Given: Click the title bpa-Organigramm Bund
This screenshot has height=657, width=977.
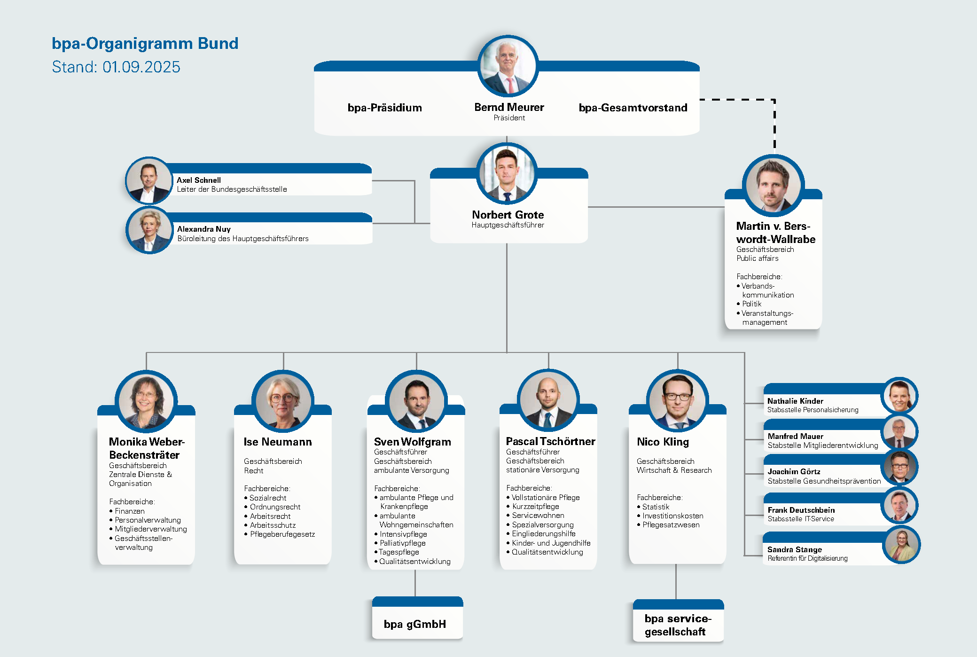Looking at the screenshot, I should pyautogui.click(x=145, y=43).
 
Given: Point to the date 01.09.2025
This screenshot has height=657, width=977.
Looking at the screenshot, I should pyautogui.click(x=141, y=67).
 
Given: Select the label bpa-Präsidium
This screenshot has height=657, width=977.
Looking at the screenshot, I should pyautogui.click(x=384, y=108).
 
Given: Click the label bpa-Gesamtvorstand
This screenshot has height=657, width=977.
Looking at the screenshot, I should pyautogui.click(x=633, y=108).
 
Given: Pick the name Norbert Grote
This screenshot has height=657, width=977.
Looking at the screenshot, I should pyautogui.click(x=508, y=215).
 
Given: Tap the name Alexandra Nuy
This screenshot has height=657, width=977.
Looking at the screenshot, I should pyautogui.click(x=203, y=229).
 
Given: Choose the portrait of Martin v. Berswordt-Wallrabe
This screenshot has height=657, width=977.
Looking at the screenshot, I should pyautogui.click(x=773, y=186).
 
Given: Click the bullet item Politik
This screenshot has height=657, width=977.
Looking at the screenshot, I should pyautogui.click(x=751, y=304).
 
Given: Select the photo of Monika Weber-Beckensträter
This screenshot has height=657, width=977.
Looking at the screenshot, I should pyautogui.click(x=146, y=401).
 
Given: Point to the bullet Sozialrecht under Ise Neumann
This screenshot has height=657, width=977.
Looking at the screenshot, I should pyautogui.click(x=267, y=498).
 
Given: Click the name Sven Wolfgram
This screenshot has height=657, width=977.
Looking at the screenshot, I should pyautogui.click(x=412, y=442).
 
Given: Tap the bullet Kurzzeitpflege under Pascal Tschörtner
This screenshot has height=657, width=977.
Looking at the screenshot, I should pyautogui.click(x=535, y=507).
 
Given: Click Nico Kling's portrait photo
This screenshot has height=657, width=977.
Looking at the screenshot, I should pyautogui.click(x=677, y=400).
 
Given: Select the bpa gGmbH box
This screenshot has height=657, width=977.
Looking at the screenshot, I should pyautogui.click(x=415, y=624).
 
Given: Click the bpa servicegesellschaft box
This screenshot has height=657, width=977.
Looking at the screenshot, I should pyautogui.click(x=677, y=625).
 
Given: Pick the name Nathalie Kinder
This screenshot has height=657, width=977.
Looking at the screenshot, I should pyautogui.click(x=795, y=401).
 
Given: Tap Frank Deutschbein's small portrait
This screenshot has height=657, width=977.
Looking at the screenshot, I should pyautogui.click(x=899, y=506).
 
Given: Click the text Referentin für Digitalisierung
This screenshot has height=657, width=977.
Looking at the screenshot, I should pyautogui.click(x=807, y=558).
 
